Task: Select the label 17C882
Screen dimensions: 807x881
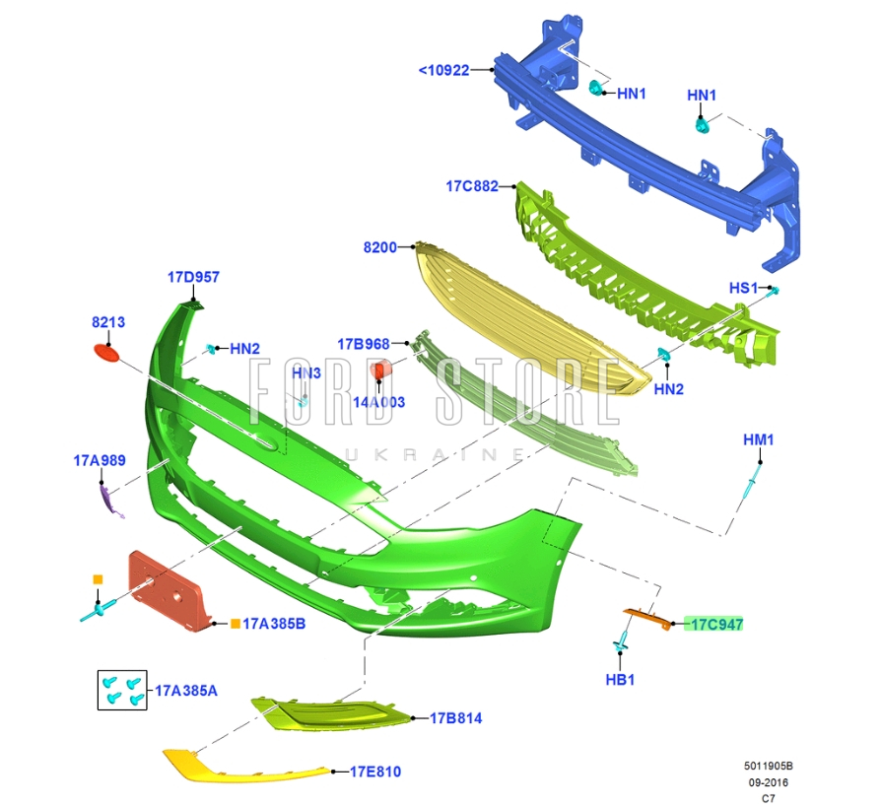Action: [471, 185]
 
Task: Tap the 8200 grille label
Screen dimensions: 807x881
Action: [379, 247]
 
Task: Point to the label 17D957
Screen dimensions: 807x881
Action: [193, 278]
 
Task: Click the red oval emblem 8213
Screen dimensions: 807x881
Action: [106, 351]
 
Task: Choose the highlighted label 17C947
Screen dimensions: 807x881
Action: [716, 624]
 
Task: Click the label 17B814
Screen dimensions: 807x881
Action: [455, 718]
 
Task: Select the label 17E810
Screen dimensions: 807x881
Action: [374, 772]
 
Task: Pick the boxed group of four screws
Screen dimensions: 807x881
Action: [123, 690]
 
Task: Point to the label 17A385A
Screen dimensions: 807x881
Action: [186, 691]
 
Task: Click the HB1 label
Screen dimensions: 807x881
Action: [620, 680]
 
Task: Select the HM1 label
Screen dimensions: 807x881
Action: [758, 439]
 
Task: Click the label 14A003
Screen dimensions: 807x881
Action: [380, 402]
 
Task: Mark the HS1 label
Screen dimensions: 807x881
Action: [743, 288]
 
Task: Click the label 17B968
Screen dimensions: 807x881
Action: [364, 344]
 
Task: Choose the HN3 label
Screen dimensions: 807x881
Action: [306, 373]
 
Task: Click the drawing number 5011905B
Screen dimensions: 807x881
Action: [768, 766]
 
